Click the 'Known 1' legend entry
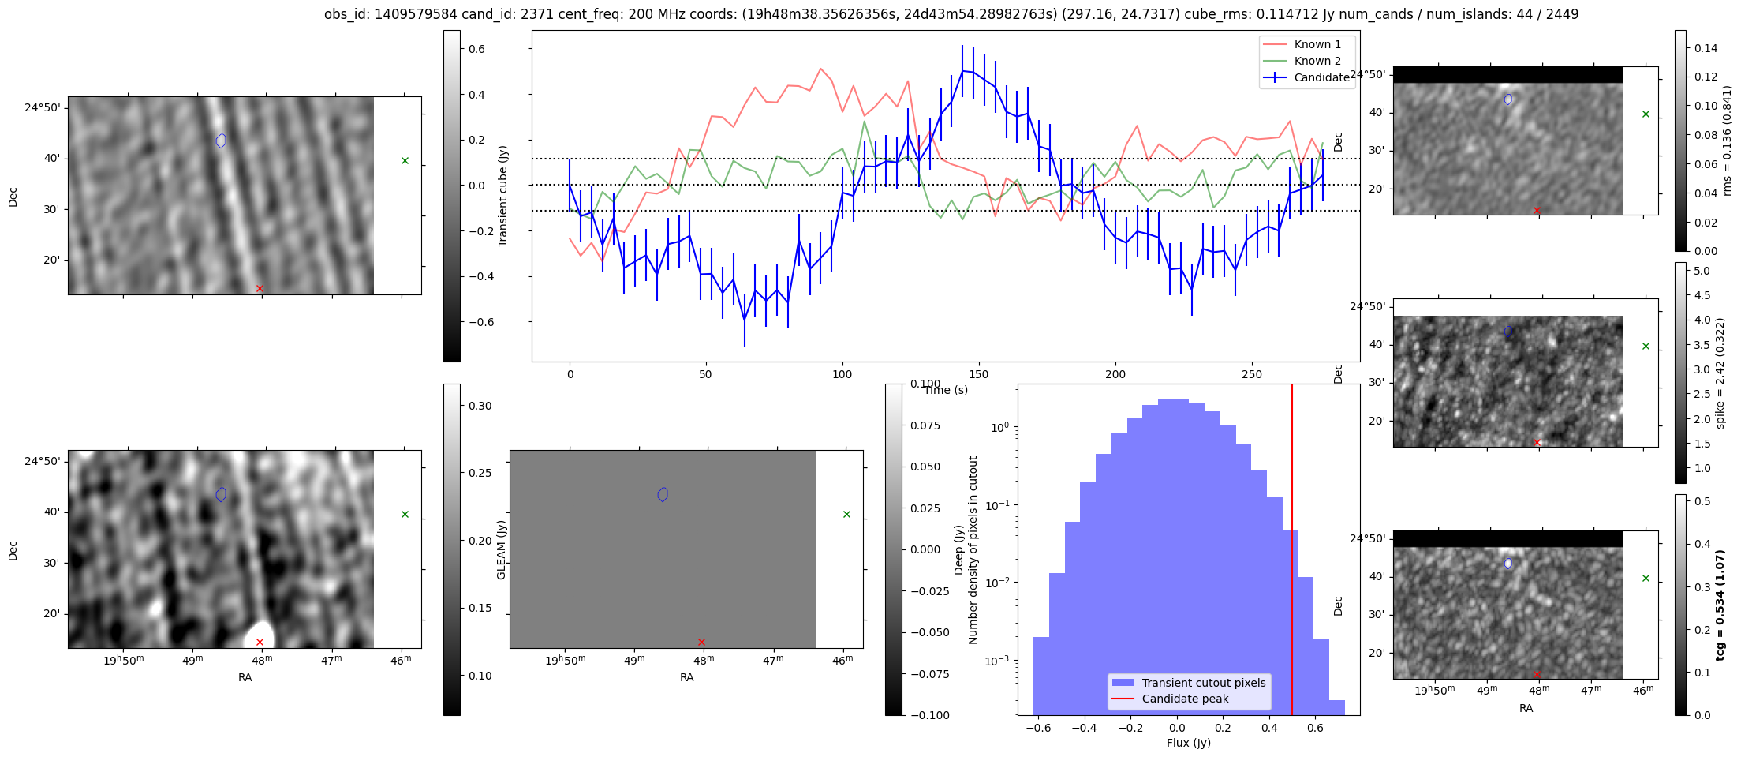tap(1317, 44)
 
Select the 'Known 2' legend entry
tap(1317, 61)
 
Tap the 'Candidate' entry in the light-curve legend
tap(1321, 77)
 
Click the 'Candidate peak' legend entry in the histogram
tap(1185, 699)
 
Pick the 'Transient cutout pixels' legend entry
tap(1203, 683)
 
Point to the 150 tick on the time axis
tap(978, 374)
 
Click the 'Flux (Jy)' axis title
tap(1188, 743)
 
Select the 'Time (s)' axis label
tap(946, 390)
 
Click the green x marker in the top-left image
tap(405, 160)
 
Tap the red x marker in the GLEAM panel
tap(701, 642)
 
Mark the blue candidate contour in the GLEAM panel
tap(663, 494)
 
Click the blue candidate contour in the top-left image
tap(221, 141)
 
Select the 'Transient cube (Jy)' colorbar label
tap(503, 196)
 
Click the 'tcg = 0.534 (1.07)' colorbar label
tap(1720, 605)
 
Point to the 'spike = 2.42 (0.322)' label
tap(1720, 373)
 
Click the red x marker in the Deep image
tap(260, 642)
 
